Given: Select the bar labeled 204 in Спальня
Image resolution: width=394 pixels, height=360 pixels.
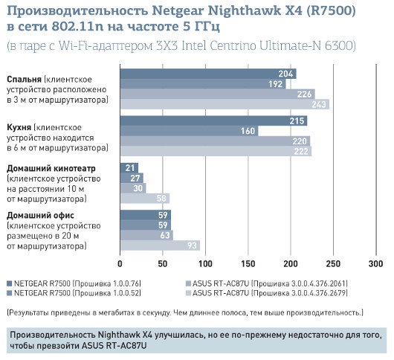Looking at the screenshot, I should (208, 74).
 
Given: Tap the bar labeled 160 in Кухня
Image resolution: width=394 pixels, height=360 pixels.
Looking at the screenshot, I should (189, 131).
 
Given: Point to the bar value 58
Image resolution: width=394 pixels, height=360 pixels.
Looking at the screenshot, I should (145, 199).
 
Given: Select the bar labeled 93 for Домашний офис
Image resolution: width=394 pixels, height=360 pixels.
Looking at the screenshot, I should (160, 245).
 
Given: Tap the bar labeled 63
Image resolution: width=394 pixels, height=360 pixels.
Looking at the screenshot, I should (146, 235).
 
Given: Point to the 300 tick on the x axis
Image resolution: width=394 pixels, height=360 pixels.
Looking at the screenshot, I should (375, 263).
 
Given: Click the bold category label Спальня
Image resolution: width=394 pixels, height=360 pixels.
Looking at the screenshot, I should (24, 79).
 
